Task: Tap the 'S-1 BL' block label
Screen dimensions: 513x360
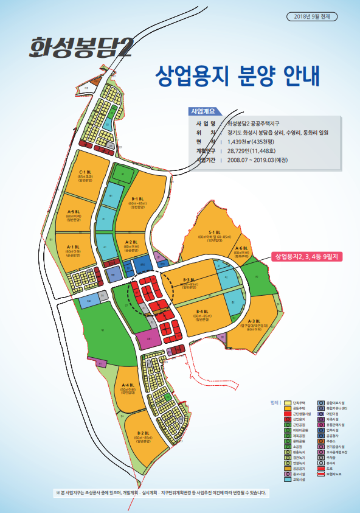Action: [214, 232]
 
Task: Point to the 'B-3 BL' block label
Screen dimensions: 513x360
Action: [189, 281]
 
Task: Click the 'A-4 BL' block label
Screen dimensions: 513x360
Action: [128, 385]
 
